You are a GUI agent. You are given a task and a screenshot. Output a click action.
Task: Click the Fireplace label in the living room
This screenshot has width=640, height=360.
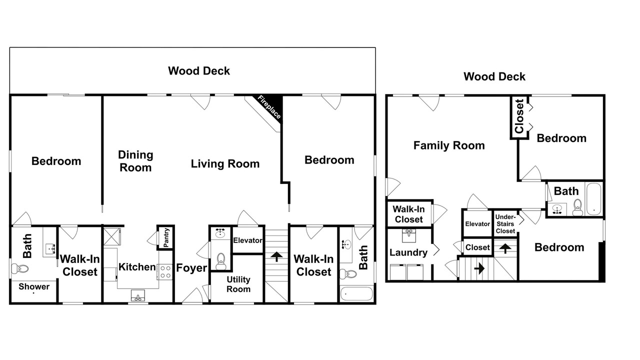point(269,107)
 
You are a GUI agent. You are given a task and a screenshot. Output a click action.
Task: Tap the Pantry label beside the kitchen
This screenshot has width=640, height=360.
point(166,237)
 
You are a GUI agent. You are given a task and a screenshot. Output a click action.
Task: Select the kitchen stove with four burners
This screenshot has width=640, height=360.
point(165,271)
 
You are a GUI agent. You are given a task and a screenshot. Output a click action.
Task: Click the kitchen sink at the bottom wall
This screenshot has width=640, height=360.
point(138,295)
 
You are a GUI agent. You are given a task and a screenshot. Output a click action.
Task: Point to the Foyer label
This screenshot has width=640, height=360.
point(191,267)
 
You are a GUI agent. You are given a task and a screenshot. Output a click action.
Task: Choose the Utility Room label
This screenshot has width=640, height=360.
point(238,284)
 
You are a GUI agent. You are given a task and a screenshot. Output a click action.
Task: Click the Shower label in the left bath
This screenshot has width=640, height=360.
point(34,286)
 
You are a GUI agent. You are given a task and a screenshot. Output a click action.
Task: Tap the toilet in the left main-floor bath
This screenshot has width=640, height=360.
point(20,268)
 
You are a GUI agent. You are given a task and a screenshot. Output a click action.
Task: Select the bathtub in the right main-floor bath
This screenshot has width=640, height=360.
point(356,293)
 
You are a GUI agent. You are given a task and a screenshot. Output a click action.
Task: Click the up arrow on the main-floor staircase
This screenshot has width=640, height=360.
point(276,256)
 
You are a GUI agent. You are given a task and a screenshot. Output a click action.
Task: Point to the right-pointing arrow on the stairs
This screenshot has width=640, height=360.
point(479,268)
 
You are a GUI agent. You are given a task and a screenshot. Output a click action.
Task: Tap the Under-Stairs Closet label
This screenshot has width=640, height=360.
point(505,224)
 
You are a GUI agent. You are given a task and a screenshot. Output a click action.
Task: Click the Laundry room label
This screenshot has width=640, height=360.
point(408,252)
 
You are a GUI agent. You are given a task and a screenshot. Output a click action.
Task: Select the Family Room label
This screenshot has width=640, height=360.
point(449,145)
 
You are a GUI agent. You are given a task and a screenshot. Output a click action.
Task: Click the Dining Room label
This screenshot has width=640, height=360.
point(135,161)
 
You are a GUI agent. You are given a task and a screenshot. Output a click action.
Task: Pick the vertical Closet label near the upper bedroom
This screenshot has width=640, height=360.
point(519,116)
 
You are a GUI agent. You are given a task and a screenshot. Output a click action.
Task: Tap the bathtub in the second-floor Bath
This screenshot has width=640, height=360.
point(593,199)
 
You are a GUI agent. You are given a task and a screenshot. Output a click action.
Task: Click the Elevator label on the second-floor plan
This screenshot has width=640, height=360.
point(477,224)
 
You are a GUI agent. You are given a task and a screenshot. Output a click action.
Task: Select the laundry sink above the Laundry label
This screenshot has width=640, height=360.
point(409,235)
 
